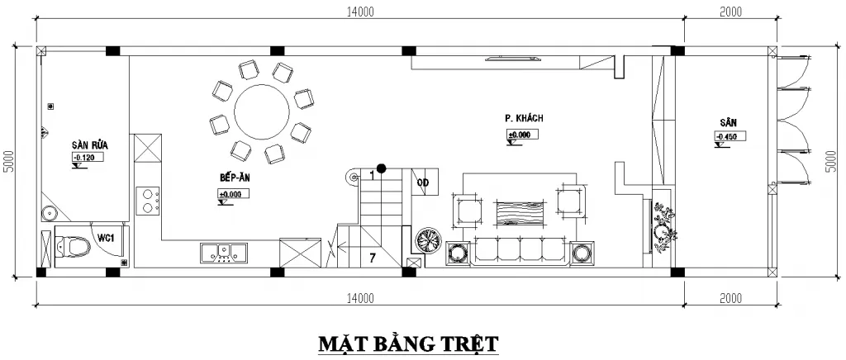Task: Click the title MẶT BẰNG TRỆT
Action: click(x=409, y=342)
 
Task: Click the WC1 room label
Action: click(x=105, y=238)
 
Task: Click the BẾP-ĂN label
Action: click(x=235, y=178)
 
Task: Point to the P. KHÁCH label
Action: click(x=524, y=118)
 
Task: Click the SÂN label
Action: click(x=727, y=122)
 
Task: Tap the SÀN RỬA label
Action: click(x=89, y=144)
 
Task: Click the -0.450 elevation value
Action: click(x=727, y=136)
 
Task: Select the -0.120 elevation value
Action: click(x=85, y=156)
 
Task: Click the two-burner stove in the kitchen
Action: click(x=149, y=201)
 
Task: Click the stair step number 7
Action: click(x=373, y=258)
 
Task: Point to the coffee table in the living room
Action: click(x=521, y=212)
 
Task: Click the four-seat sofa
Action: click(x=521, y=250)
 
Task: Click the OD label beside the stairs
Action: click(x=422, y=182)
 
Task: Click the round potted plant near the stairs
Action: click(x=429, y=239)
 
